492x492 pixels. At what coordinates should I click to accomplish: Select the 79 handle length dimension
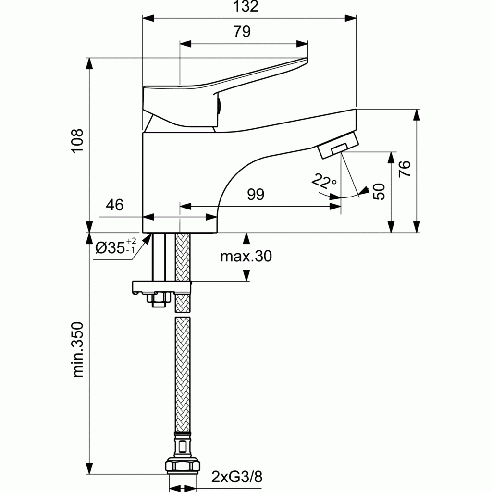(242, 32)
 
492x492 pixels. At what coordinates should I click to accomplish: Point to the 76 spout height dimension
(406, 169)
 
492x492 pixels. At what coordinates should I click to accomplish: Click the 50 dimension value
(380, 191)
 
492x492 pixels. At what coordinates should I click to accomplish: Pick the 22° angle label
(324, 182)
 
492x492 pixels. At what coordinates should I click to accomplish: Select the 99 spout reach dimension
(255, 195)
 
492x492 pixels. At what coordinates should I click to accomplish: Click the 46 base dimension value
(114, 205)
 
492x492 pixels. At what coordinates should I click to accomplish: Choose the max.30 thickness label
(246, 257)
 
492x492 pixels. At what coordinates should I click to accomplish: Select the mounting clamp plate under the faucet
(161, 287)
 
